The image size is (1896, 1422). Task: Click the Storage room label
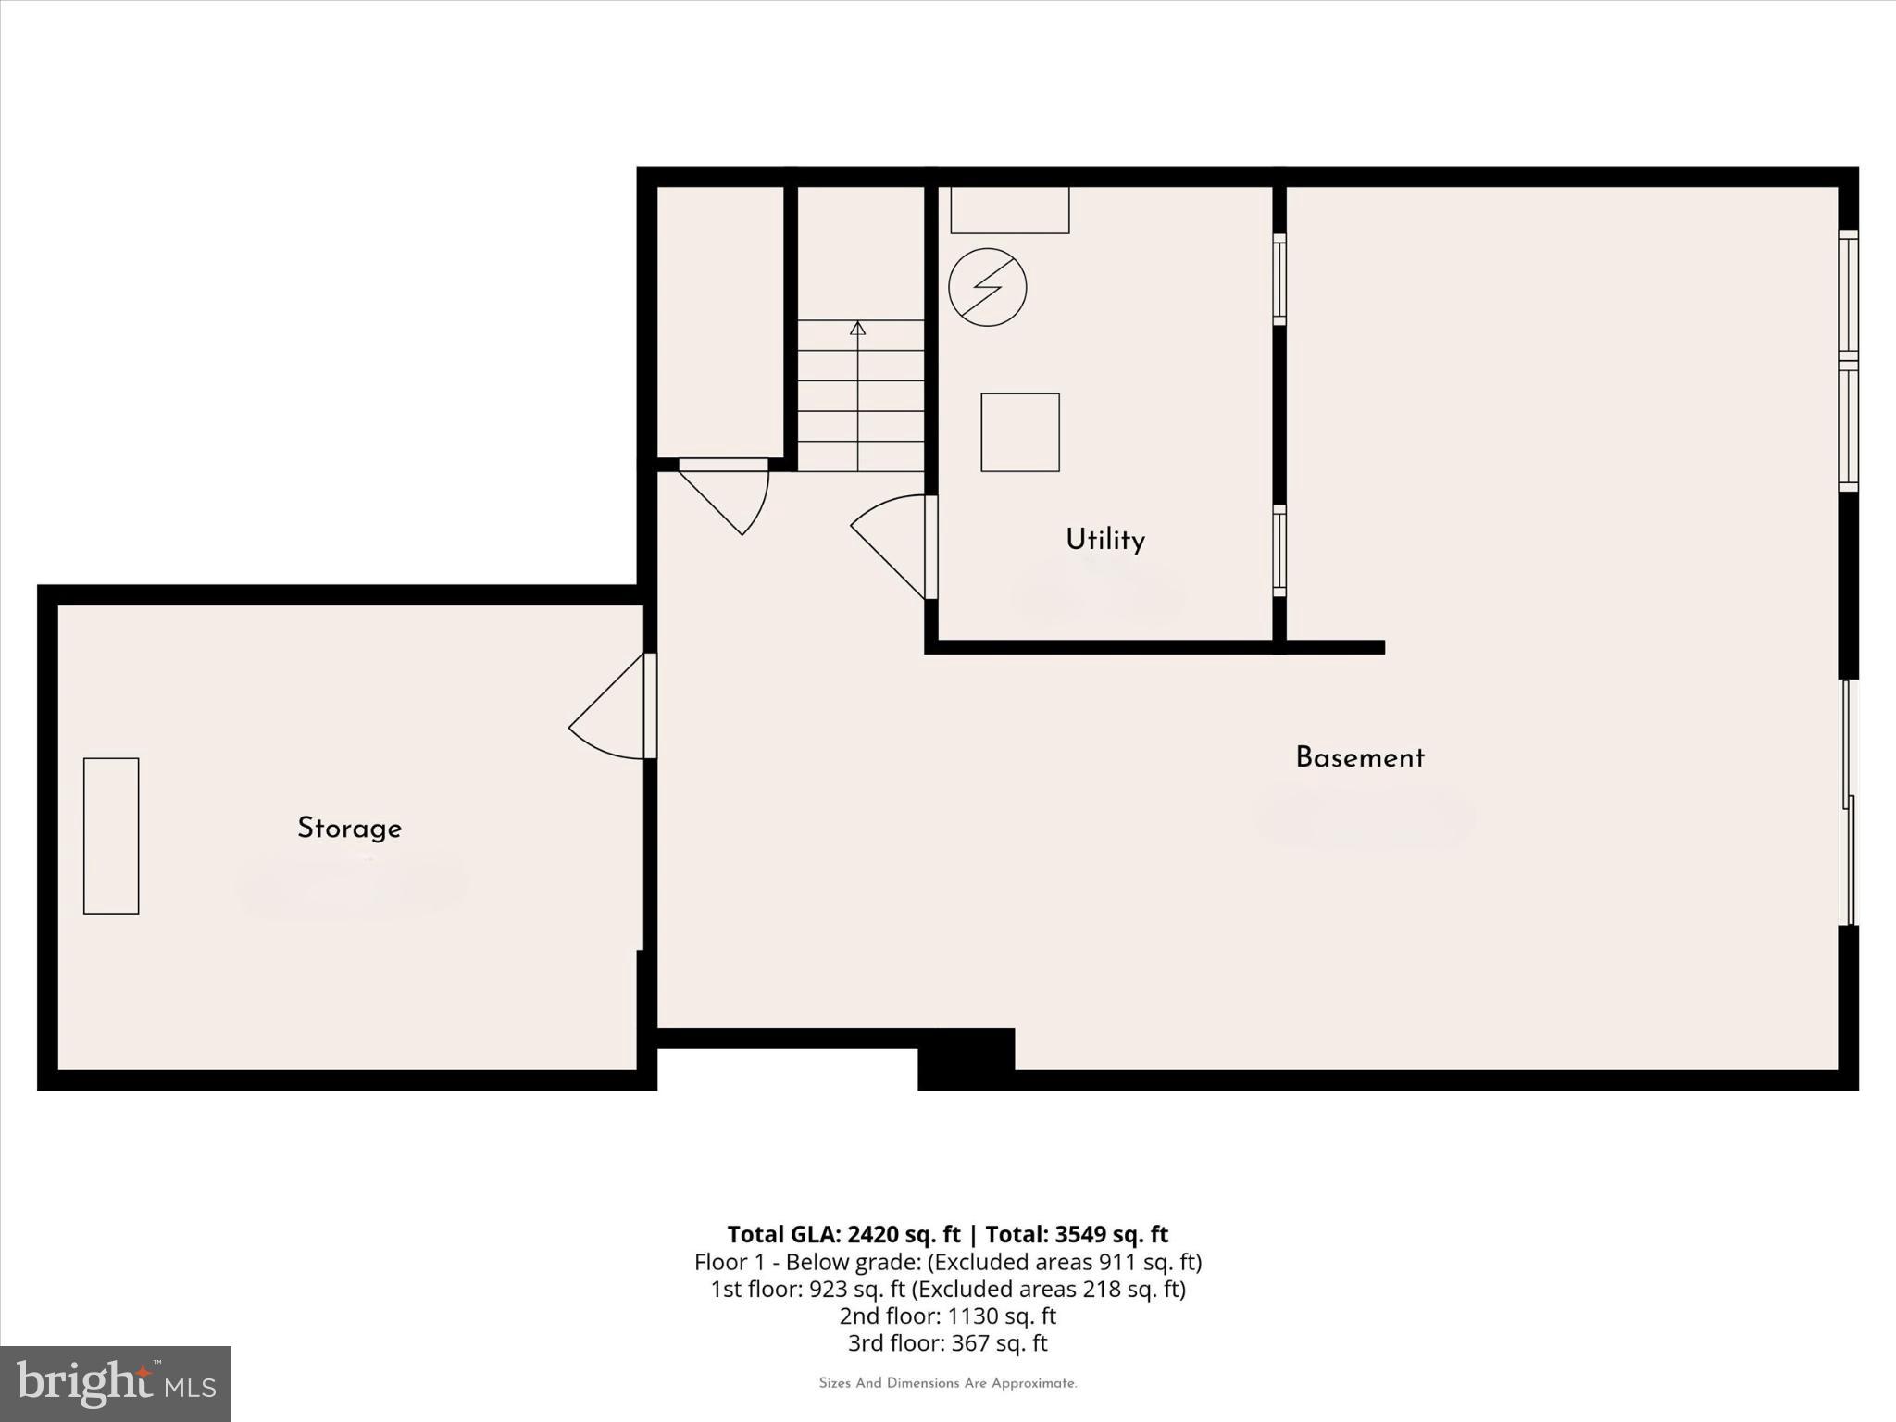pos(349,829)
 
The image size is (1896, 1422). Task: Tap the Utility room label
pos(1104,540)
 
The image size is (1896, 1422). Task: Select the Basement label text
pos(1359,758)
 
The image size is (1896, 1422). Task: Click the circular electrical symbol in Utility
pos(988,287)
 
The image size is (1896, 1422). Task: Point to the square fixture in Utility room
pos(1020,432)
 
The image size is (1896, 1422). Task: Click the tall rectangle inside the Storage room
pos(111,836)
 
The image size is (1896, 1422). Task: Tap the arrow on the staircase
pos(858,329)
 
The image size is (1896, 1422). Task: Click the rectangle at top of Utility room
pos(1010,210)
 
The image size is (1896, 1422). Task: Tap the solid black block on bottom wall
pos(967,1058)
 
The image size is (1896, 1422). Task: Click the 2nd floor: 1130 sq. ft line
pos(947,1316)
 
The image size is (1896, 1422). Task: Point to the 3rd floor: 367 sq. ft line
pos(947,1342)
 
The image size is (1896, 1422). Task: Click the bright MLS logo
pos(116,1383)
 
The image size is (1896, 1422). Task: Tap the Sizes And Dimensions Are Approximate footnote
pos(947,1383)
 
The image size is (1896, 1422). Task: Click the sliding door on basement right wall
pos(1848,802)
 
